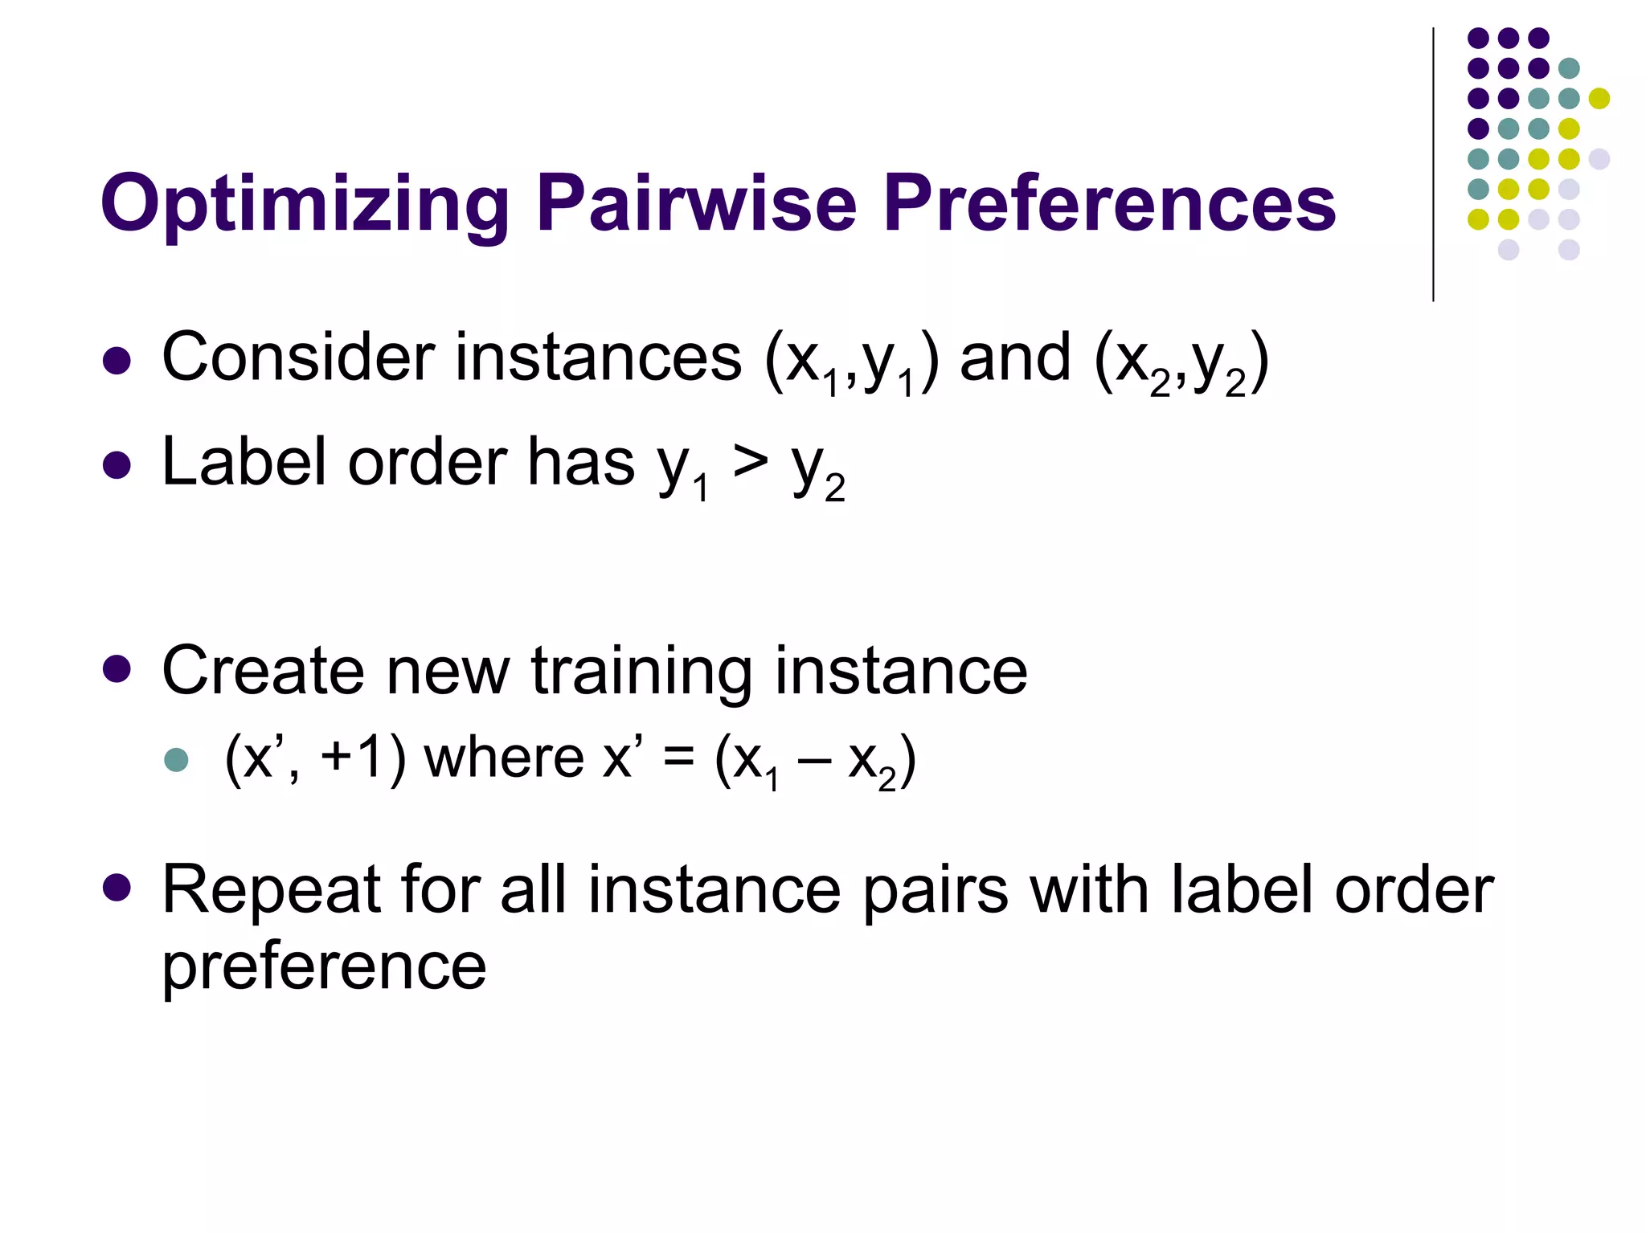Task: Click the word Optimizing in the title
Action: (x=305, y=206)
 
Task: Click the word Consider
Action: (x=297, y=357)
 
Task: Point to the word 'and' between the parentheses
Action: (x=1015, y=358)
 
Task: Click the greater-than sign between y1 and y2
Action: (x=750, y=463)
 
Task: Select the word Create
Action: (x=262, y=670)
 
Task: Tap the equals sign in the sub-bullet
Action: (x=679, y=759)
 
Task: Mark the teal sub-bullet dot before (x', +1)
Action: (x=176, y=760)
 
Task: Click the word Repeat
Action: (x=271, y=890)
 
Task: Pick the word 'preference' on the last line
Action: (x=324, y=967)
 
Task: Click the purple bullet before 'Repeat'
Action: (x=117, y=887)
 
